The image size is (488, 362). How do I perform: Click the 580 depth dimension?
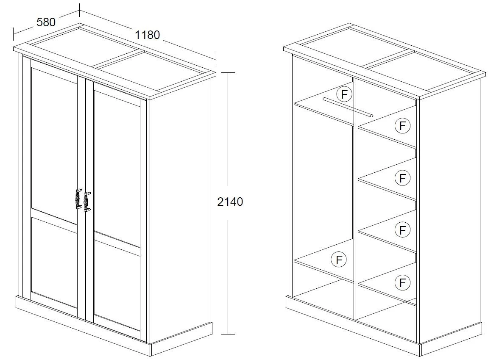[x=46, y=22]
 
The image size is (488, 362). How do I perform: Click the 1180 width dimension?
[x=147, y=35]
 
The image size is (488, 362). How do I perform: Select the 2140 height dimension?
[x=230, y=202]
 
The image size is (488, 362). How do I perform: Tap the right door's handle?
[x=87, y=202]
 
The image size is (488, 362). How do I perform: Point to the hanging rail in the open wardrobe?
[x=348, y=107]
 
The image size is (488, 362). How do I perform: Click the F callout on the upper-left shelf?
[x=344, y=94]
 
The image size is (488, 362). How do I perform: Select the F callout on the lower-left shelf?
[x=339, y=259]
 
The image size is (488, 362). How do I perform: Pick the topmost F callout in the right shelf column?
[x=402, y=126]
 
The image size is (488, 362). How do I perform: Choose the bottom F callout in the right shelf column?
[x=402, y=283]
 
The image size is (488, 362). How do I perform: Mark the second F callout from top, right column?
[x=402, y=178]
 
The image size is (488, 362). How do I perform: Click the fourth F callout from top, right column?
[x=402, y=230]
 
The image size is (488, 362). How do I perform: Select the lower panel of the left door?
[x=54, y=262]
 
